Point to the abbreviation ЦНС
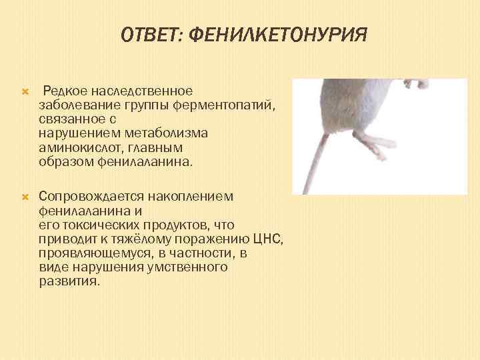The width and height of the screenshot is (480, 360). pyautogui.click(x=270, y=239)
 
